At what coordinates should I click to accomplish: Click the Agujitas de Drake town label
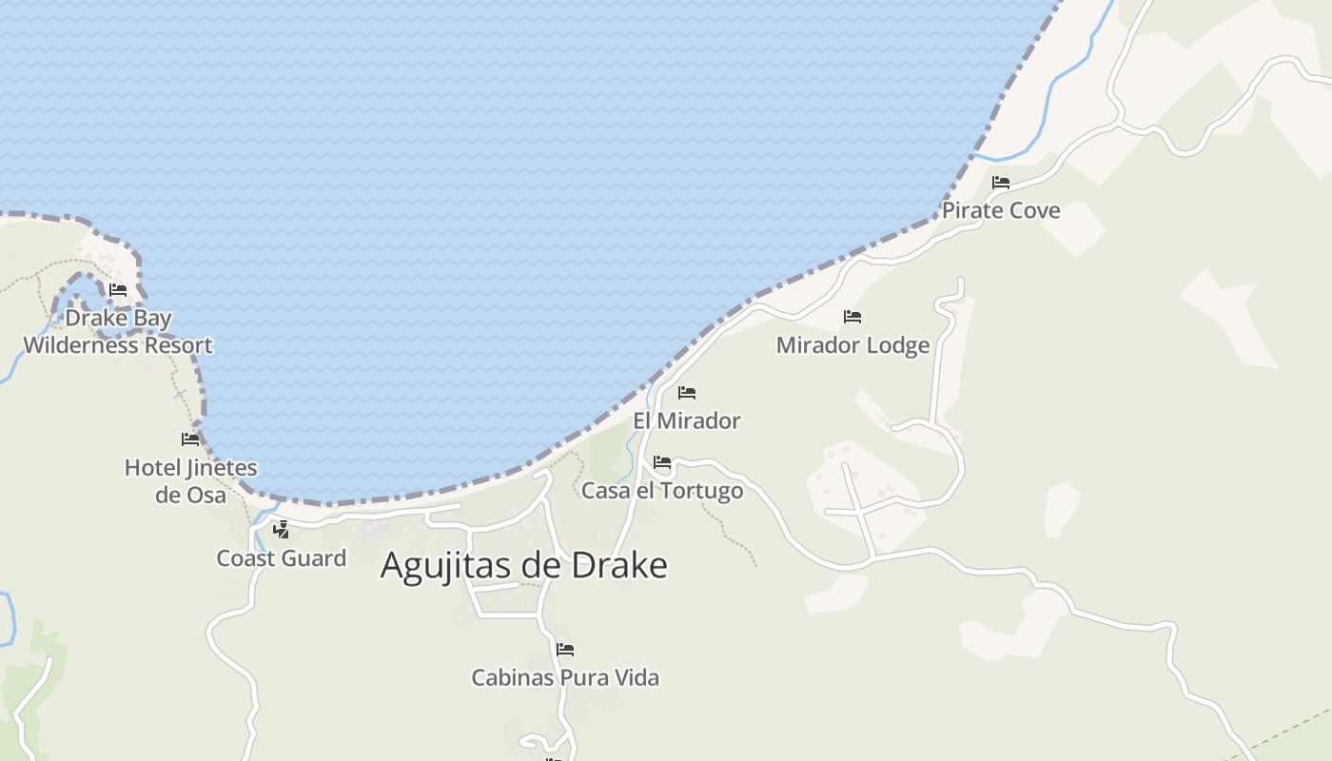click(523, 565)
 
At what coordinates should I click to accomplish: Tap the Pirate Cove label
click(1001, 210)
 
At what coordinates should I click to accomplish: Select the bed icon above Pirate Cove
click(1001, 183)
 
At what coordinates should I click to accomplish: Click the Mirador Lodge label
click(852, 345)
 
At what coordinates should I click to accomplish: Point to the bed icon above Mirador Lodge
click(852, 317)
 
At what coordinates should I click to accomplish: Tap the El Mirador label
click(687, 420)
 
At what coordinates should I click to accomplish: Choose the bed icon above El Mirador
click(687, 393)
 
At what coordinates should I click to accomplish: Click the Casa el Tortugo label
click(662, 491)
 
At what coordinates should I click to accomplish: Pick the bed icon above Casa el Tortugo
click(662, 463)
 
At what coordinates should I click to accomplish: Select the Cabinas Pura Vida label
click(565, 677)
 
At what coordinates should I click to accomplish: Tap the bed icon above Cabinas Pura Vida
click(565, 650)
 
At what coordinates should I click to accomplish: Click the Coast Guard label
click(282, 558)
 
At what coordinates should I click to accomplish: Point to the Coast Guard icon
click(281, 530)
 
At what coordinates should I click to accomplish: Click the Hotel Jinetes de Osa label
click(190, 480)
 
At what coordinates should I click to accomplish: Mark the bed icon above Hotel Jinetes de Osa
click(190, 439)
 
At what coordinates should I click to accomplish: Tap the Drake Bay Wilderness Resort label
click(118, 331)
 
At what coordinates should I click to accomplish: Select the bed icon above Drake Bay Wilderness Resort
click(118, 290)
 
